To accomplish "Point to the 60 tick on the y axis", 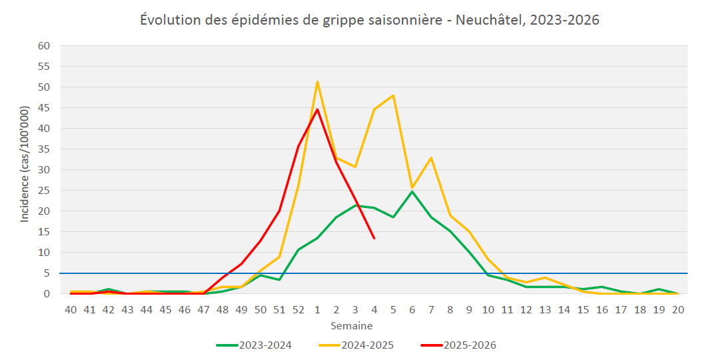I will (45, 46).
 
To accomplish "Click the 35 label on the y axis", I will (45, 149).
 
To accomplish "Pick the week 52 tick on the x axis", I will (299, 310).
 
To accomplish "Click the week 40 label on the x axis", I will (70, 310).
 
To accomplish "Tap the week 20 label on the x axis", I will (678, 310).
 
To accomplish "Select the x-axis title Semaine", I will (352, 326).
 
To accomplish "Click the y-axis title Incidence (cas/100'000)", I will (25, 164).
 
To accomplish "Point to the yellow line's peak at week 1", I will (317, 82).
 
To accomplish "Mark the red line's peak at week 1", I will (317, 109).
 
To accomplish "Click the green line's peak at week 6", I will (412, 192).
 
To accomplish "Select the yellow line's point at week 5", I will (393, 95).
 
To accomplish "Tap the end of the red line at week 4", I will (374, 238).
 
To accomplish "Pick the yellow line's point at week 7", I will (431, 158).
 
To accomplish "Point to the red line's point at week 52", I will (299, 146).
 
